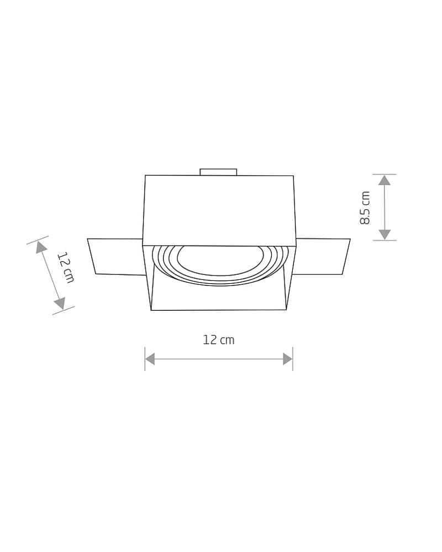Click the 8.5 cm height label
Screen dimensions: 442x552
365,208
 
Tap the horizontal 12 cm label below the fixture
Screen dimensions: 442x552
219,339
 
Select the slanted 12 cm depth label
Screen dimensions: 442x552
66,267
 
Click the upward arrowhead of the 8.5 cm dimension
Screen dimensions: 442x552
385,181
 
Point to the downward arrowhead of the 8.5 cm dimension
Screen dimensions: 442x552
385,235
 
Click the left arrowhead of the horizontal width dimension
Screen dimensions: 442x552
150,359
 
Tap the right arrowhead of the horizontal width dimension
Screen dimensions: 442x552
288,359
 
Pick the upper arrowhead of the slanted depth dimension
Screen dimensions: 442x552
41,247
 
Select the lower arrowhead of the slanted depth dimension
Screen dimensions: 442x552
60,303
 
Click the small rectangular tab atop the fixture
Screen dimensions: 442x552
219,172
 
